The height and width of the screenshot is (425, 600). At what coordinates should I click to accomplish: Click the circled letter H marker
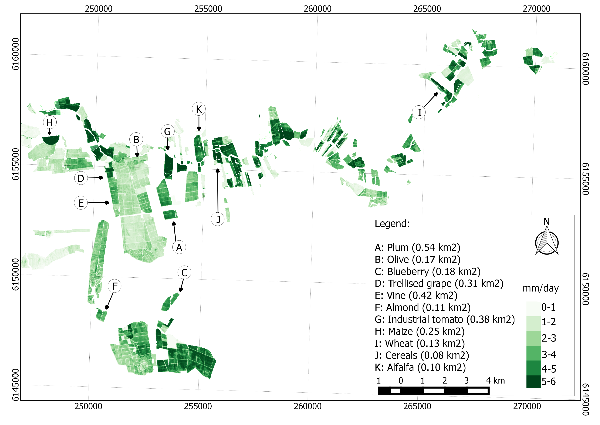click(x=50, y=122)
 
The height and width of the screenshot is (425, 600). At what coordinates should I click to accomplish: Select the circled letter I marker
click(x=419, y=112)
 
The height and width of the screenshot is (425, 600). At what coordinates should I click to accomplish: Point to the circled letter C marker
click(x=184, y=273)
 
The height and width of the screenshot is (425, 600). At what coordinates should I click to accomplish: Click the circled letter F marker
click(x=114, y=286)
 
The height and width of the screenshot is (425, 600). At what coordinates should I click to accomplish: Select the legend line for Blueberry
click(x=428, y=272)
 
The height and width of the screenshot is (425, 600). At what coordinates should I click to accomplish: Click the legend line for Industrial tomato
click(x=445, y=320)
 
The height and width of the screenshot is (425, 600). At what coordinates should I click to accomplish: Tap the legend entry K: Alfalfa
click(x=420, y=367)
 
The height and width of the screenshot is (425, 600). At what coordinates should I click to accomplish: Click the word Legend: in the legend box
click(x=392, y=224)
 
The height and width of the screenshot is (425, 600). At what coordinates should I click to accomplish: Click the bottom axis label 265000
click(x=417, y=406)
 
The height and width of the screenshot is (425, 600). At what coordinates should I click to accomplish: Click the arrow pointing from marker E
click(x=99, y=203)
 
